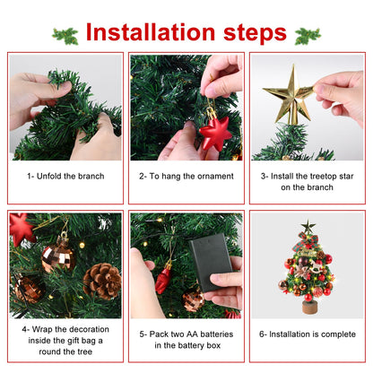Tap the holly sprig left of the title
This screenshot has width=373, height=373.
point(65,36)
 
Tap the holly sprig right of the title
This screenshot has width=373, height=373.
point(307,36)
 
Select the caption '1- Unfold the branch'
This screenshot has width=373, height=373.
point(65,176)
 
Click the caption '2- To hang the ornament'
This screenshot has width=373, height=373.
point(186,176)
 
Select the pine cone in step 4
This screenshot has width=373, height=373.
point(101,281)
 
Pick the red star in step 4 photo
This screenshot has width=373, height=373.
point(22,228)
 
